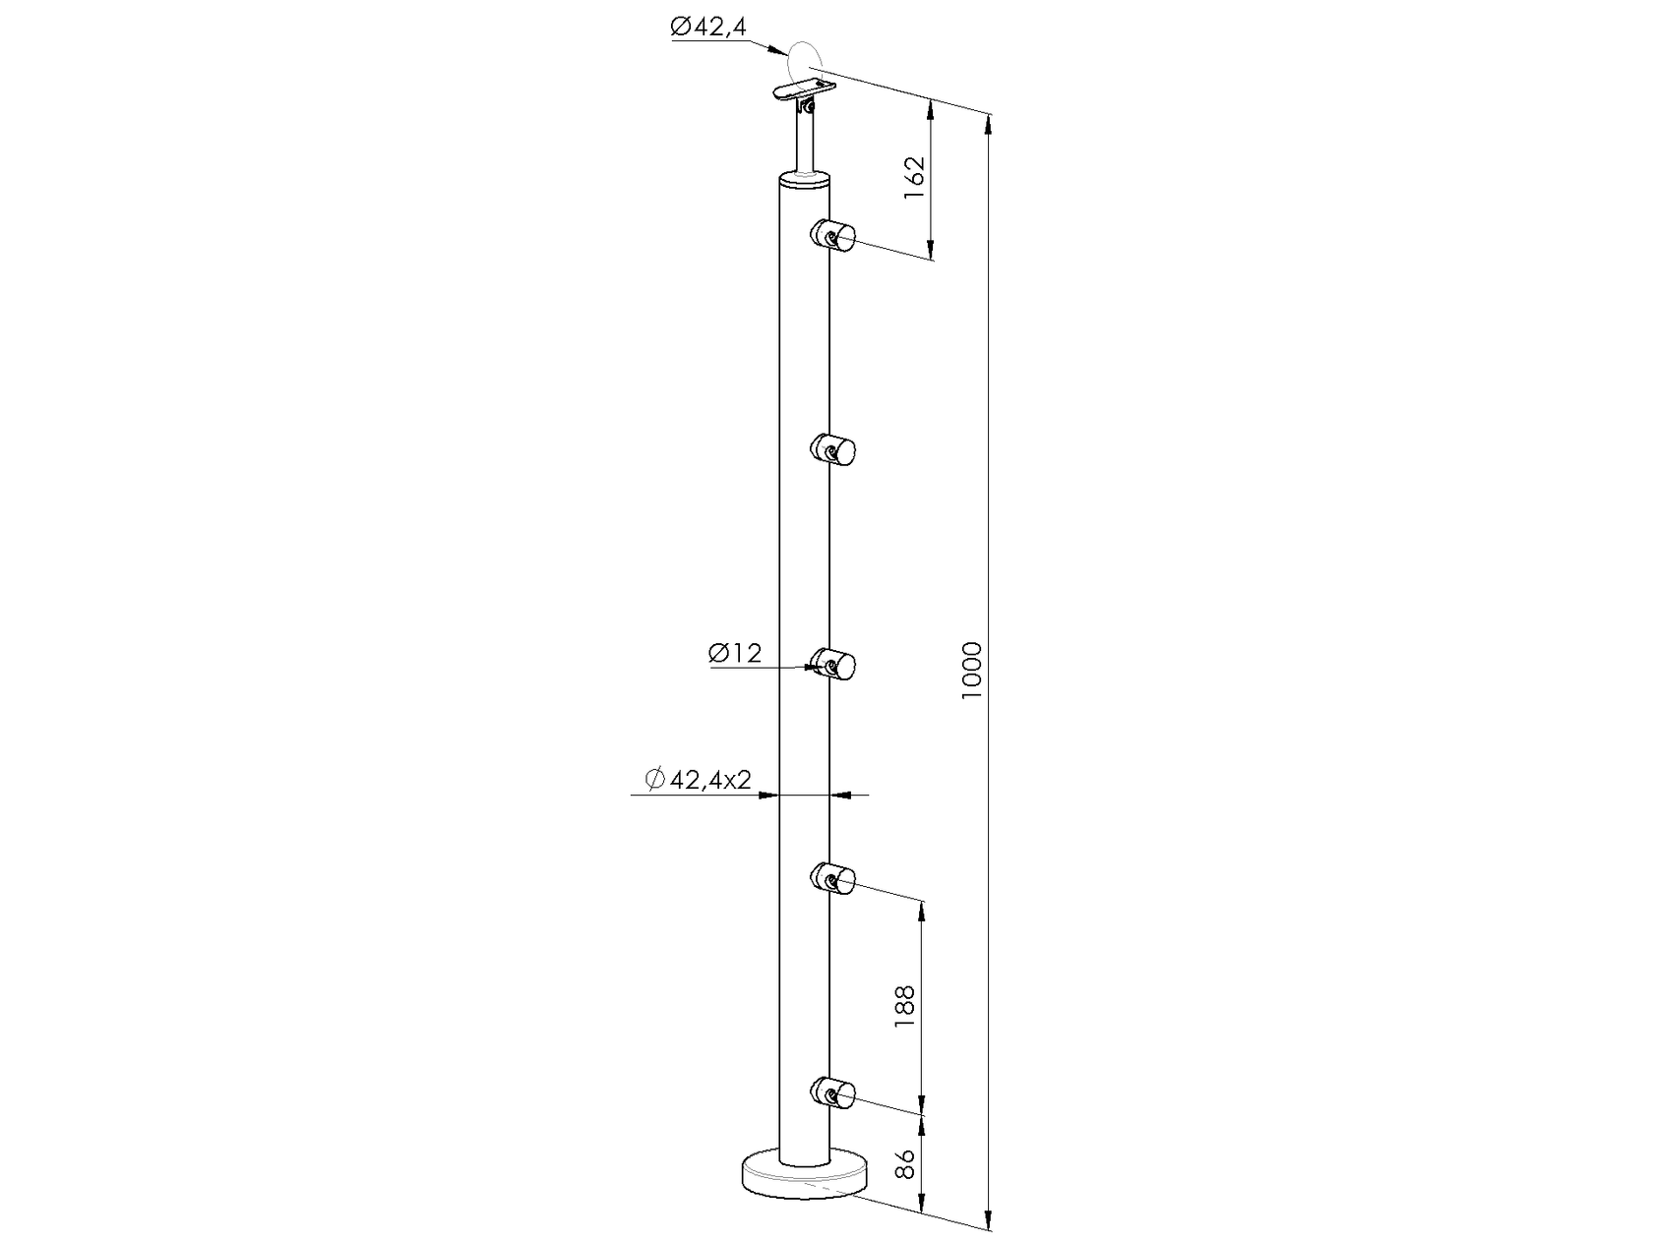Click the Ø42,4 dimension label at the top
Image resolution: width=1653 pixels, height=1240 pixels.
point(708,29)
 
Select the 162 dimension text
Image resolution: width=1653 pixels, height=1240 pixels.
point(914,178)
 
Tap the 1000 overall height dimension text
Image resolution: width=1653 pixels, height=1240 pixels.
point(972,670)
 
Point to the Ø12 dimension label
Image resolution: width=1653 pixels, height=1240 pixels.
point(735,653)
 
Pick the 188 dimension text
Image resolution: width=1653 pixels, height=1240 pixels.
point(905,1006)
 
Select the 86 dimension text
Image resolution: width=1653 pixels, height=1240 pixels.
point(905,1163)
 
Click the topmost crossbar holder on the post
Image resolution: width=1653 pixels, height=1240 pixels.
point(833,236)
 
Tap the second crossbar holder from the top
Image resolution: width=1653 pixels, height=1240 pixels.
point(833,451)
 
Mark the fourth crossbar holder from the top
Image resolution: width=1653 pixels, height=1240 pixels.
point(833,876)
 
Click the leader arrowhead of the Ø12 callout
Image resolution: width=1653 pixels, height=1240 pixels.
point(816,668)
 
